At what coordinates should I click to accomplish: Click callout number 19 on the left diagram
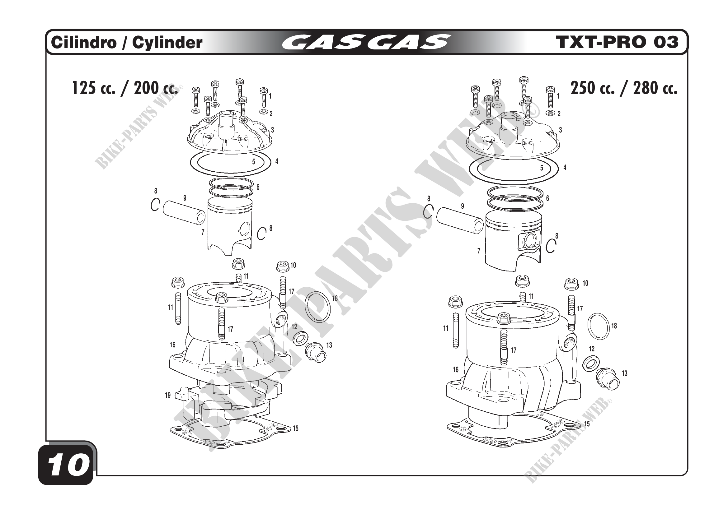coord(168,395)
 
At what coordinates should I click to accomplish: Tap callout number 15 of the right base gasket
coord(587,424)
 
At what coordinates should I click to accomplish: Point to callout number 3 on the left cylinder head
coord(272,130)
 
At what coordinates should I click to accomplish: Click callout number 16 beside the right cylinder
coord(456,370)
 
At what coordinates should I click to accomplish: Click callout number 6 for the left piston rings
coord(258,187)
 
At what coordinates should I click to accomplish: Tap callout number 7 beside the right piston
coord(479,251)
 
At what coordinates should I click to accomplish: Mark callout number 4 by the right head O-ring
coord(565,168)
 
